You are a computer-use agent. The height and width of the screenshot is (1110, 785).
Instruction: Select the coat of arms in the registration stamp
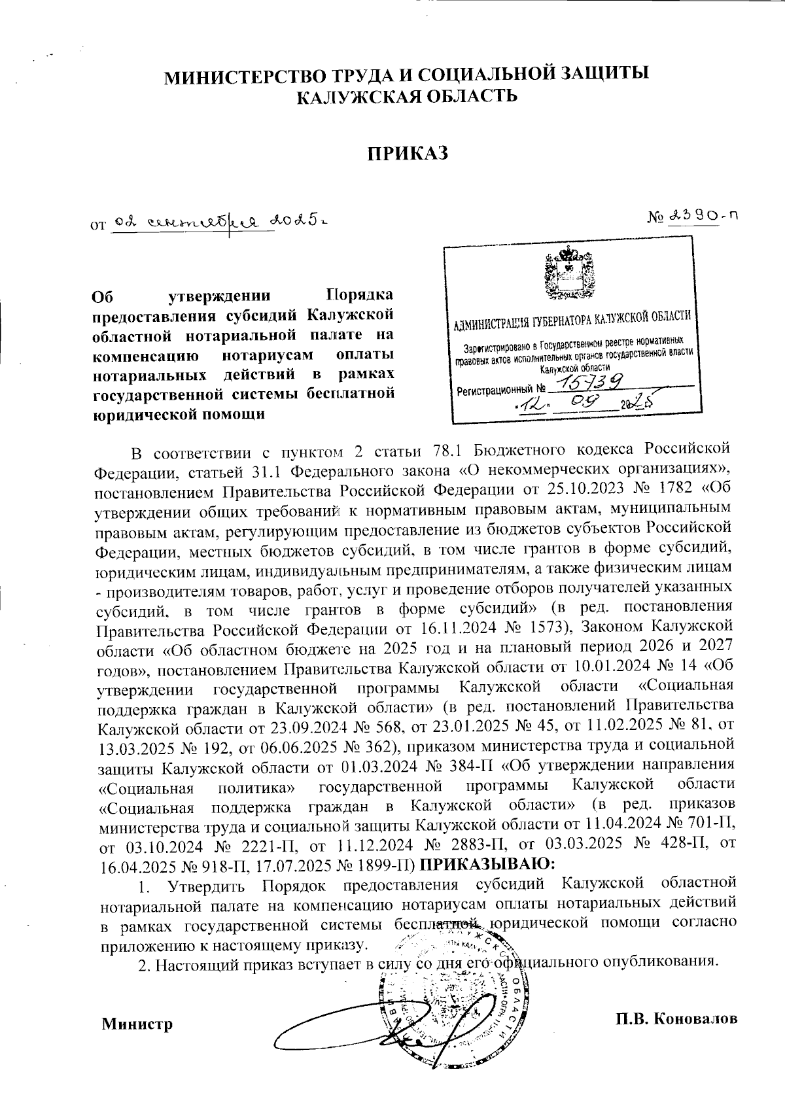[568, 276]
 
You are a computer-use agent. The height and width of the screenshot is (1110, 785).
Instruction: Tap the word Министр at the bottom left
[137, 1024]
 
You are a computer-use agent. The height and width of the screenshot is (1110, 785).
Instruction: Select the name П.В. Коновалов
[677, 1019]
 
